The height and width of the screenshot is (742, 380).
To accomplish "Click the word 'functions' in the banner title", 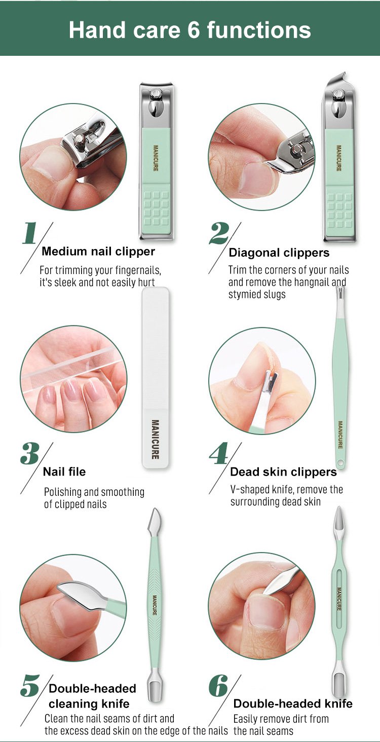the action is (259, 30).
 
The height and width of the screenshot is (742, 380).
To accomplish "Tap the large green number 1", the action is (29, 233).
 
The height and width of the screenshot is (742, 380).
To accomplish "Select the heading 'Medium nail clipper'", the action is (98, 251).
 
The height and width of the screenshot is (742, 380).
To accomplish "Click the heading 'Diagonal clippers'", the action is (279, 253).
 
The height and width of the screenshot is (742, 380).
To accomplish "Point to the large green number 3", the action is (29, 454).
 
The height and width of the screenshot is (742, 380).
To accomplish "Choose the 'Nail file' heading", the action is (64, 471).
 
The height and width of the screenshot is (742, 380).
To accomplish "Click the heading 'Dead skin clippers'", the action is (283, 472).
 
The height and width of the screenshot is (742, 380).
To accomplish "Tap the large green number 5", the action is (30, 686).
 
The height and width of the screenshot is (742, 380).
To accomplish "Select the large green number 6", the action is (218, 686).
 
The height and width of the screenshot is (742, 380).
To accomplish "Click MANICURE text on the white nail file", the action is (155, 440).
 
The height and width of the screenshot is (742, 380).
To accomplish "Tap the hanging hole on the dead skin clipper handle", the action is (341, 462).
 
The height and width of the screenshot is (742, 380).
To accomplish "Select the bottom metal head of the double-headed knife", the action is (339, 680).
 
